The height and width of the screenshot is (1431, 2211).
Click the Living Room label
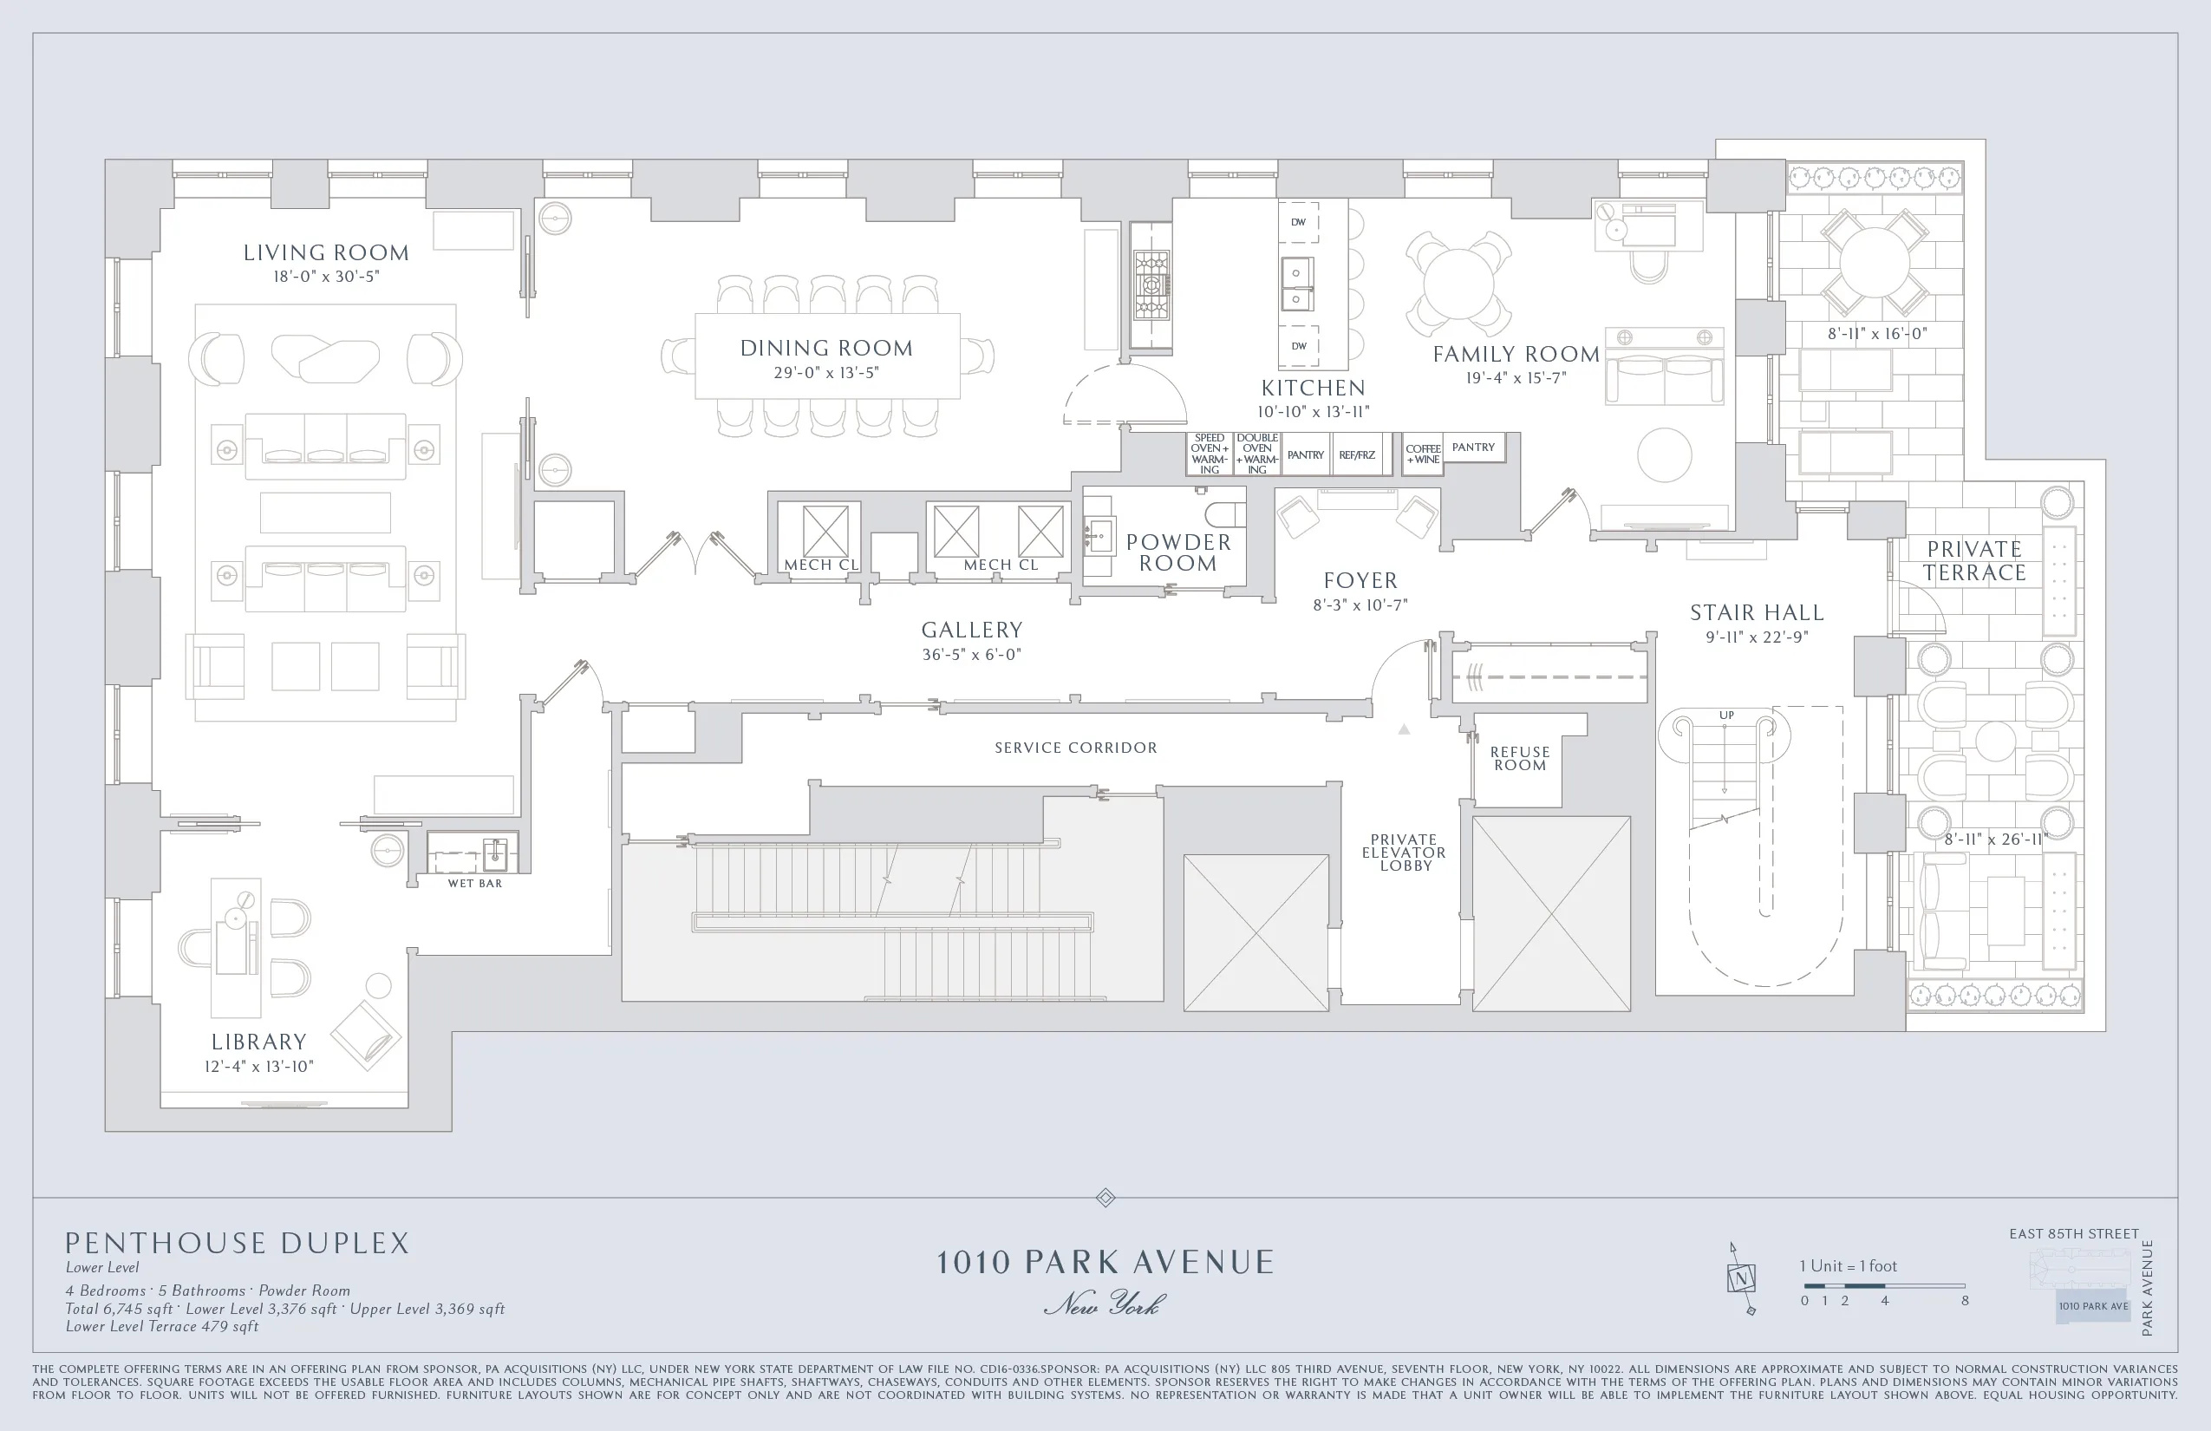coord(325,252)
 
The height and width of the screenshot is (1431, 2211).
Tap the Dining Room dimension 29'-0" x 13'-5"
coord(825,373)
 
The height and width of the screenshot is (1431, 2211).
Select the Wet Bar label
coord(475,884)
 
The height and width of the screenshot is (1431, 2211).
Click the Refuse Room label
coord(1519,758)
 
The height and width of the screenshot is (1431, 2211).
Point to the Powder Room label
coord(1178,553)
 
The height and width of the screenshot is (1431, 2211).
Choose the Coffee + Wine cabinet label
coord(1422,454)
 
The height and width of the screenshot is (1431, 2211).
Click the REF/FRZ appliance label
coord(1356,455)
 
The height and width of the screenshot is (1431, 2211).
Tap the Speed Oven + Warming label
coord(1209,454)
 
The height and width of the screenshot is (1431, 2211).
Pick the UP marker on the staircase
coord(1726,715)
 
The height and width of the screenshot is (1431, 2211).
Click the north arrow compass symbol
coord(1741,1278)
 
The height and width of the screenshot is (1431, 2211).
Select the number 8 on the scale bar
coord(1965,1301)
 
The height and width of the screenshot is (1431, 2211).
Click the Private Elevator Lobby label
coord(1404,852)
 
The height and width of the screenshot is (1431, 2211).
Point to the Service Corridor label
coord(1076,748)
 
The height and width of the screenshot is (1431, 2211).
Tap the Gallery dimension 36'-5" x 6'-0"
coord(971,654)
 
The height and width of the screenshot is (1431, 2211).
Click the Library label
coord(258,1042)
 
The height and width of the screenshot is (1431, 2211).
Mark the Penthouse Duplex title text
coord(237,1244)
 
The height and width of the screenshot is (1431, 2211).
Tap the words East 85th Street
coord(2073,1234)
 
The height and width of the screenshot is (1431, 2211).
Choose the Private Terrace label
coord(1974,561)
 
